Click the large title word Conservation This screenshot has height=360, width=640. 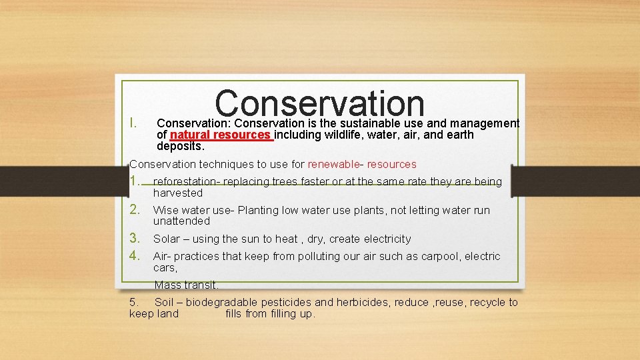coord(320,103)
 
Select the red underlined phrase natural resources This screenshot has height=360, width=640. coord(221,135)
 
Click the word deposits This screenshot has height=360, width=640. coord(180,146)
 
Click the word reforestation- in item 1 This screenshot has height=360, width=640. coord(186,182)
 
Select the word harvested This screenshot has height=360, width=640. coord(177,193)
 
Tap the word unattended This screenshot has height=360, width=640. coord(181,221)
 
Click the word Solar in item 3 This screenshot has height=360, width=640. coord(166,239)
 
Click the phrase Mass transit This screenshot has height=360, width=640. coord(186,285)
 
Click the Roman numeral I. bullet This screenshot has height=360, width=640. coord(133,123)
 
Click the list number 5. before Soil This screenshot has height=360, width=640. coord(134,303)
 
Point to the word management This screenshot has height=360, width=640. coord(485,123)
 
